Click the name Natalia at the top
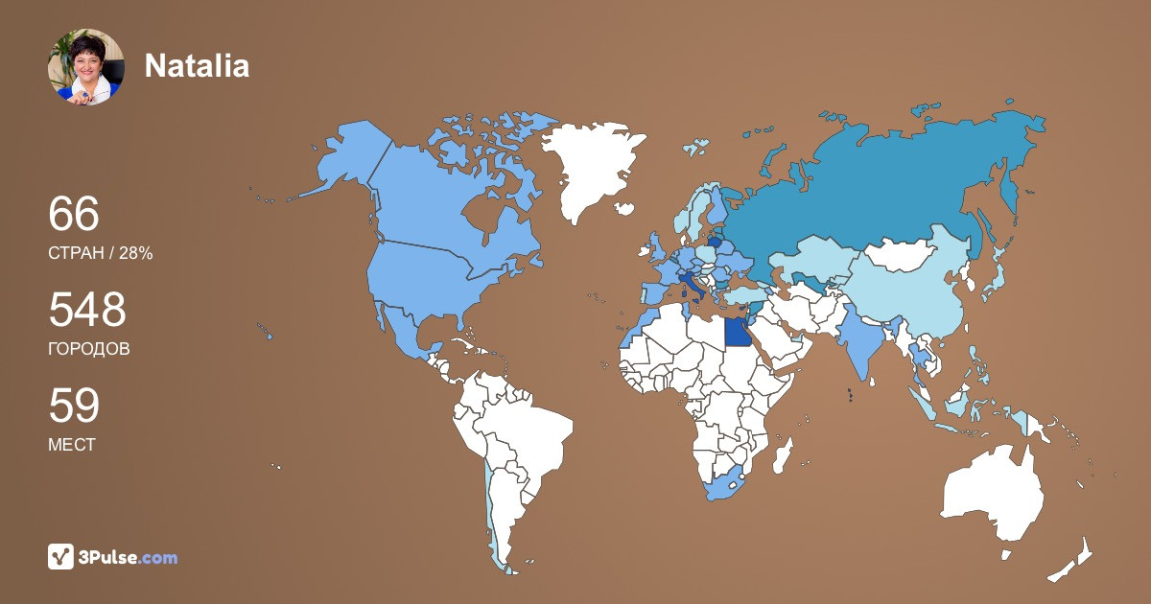[x=197, y=65]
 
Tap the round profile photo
[x=86, y=66]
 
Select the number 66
[x=74, y=215]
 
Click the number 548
[x=87, y=311]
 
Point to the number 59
[x=74, y=407]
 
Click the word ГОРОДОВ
[x=88, y=349]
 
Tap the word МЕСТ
[x=72, y=445]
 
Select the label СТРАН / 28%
[x=100, y=253]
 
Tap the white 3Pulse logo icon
[x=61, y=557]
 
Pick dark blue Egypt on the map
[x=737, y=332]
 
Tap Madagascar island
[x=782, y=453]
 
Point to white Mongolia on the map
[x=902, y=253]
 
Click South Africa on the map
[x=725, y=484]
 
